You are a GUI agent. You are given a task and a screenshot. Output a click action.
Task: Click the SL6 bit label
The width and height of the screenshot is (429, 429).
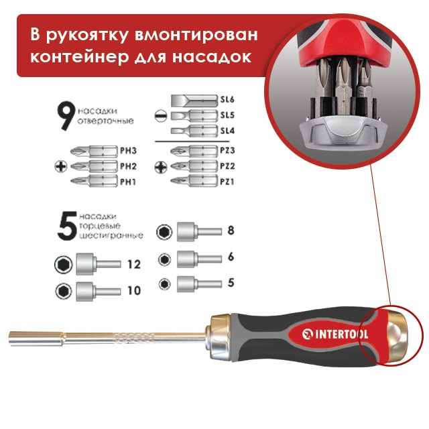pos(227,99)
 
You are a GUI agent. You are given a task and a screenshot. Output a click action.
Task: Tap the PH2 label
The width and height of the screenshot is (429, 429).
pos(128,166)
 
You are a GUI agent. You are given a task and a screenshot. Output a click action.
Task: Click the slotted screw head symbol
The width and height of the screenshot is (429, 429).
pos(161,115)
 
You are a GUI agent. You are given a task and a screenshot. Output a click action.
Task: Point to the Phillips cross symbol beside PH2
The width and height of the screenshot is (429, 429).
pos(61,166)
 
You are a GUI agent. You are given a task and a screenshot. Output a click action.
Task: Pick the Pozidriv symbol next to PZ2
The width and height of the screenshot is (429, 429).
pos(161,167)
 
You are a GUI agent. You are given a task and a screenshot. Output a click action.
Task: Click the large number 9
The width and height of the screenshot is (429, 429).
pos(66,115)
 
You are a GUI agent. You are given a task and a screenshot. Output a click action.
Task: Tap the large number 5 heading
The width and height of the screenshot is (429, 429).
pos(67,227)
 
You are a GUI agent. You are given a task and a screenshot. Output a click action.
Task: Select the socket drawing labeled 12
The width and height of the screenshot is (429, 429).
pos(99,264)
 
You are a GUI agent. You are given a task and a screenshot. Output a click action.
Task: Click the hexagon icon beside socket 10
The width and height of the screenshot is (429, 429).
pos(64,291)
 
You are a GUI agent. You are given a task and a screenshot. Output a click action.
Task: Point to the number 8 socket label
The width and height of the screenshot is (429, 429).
pos(231,231)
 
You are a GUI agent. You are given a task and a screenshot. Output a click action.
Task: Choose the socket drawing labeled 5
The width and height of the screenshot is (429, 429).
pos(199,284)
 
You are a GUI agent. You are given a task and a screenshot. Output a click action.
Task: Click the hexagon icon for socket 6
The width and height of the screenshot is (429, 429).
pos(164,259)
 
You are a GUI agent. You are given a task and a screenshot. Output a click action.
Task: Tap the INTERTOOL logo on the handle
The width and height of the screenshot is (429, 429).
pos(335,334)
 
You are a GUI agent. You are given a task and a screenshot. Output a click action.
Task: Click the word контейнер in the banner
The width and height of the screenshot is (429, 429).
pos(80,57)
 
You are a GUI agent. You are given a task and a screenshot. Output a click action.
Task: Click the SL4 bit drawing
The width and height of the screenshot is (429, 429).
pos(194,130)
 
